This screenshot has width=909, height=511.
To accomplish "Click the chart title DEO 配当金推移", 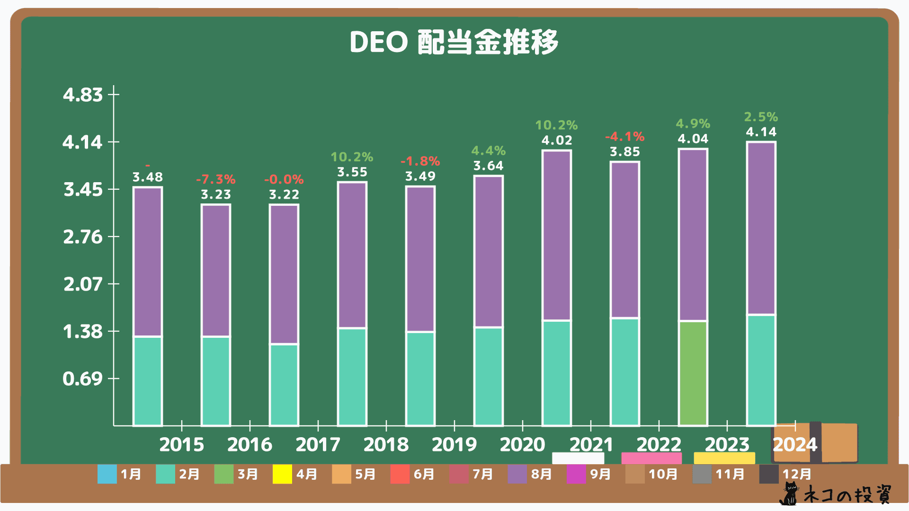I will [454, 42].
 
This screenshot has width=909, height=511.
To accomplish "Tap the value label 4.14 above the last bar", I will [761, 132].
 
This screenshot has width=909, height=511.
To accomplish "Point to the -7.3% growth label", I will [215, 179].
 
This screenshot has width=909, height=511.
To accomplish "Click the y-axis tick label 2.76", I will [83, 237].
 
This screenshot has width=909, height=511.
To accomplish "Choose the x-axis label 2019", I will [454, 444].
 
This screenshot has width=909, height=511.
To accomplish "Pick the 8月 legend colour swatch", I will [517, 474].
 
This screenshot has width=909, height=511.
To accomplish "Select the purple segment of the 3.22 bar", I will [284, 274].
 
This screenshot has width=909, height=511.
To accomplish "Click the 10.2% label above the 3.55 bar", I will [352, 157].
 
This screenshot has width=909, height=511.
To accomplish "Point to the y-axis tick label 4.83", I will [83, 95].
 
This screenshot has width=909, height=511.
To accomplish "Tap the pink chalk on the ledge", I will [651, 458].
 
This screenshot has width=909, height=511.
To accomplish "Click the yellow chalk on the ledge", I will [724, 458].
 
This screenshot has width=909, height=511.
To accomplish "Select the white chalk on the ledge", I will [578, 458].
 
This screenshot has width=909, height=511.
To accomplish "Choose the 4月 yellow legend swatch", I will [282, 474].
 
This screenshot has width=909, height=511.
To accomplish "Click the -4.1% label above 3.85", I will [624, 137].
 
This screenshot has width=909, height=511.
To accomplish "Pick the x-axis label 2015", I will [181, 444].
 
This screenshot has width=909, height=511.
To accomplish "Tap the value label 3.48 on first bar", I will [147, 177].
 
